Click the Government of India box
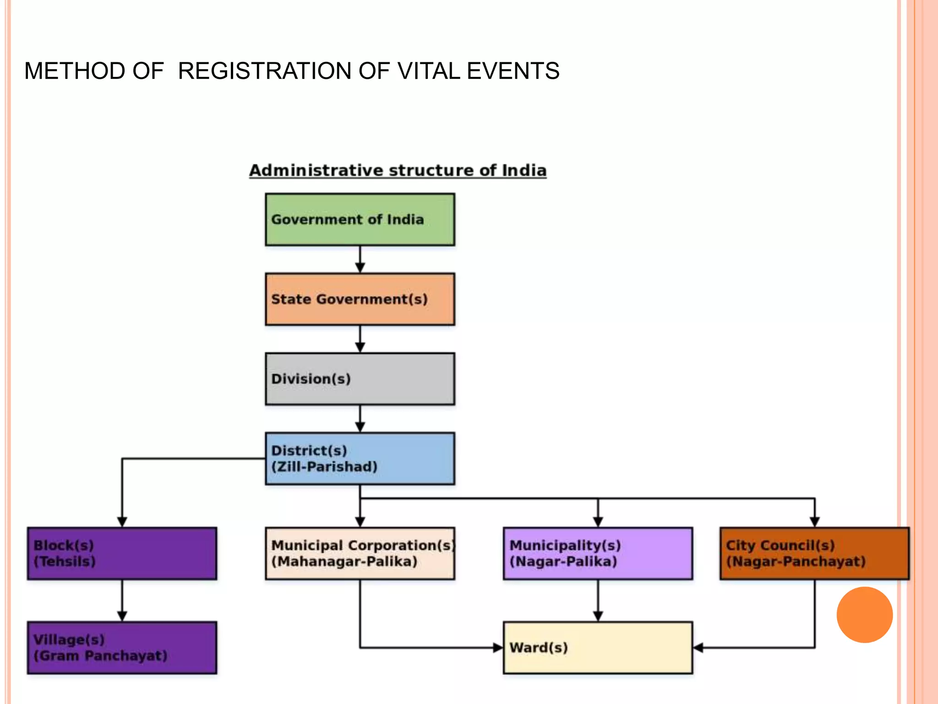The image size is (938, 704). pos(360,220)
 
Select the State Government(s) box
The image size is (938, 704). pos(360,299)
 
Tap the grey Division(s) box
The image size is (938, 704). pos(360,379)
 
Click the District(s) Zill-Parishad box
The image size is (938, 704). pos(360,458)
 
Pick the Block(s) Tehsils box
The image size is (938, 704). pos(122,553)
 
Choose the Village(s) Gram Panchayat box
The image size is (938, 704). pos(122,648)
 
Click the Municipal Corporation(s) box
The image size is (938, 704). pos(360,553)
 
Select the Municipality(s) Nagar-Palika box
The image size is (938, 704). pos(598,553)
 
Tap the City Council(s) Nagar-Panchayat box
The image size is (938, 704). pos(814,553)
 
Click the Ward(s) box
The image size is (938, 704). pos(598,648)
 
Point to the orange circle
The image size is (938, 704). pos(864,615)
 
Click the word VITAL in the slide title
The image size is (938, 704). pos(429,71)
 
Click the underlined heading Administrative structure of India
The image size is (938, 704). pos(398,170)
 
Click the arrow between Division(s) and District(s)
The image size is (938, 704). pos(360,419)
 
